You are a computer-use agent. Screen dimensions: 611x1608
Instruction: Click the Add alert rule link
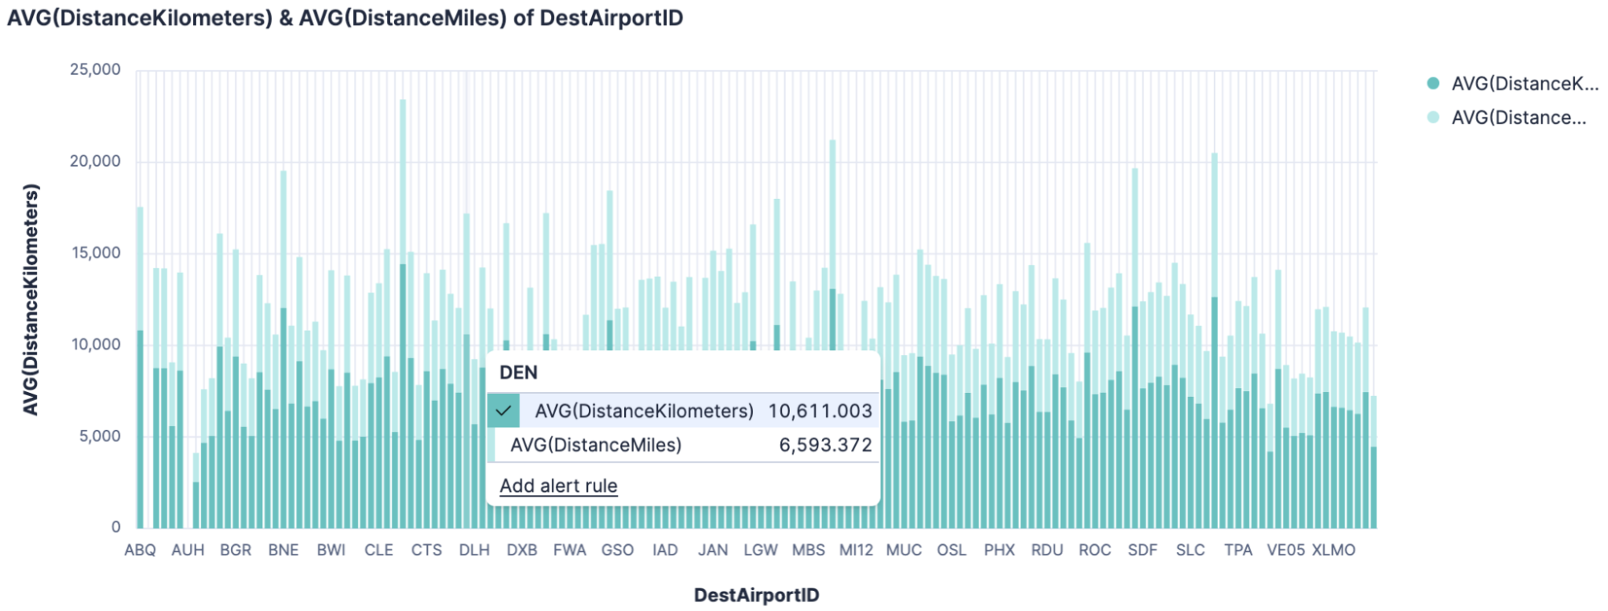point(558,485)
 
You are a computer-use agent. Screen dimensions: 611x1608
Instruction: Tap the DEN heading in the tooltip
point(518,373)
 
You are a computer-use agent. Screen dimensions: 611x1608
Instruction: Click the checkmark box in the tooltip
point(504,411)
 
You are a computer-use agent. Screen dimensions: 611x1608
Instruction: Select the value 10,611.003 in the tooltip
point(819,411)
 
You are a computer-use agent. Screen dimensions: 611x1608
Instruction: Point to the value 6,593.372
point(825,445)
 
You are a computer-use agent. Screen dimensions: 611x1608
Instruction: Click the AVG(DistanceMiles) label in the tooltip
point(595,445)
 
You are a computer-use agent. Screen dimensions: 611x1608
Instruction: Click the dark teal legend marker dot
point(1433,83)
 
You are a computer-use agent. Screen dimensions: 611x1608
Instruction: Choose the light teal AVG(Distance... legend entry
point(1518,118)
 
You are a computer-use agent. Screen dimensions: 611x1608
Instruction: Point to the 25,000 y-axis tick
point(95,69)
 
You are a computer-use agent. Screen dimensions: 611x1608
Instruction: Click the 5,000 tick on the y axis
point(100,436)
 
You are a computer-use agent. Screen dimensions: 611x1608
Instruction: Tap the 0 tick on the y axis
point(116,527)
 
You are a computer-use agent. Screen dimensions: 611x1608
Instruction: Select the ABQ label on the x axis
point(140,550)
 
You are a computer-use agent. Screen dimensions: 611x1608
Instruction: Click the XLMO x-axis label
point(1333,550)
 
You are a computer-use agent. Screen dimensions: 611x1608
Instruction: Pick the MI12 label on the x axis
point(856,550)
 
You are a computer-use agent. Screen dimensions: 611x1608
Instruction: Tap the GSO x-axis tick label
point(617,550)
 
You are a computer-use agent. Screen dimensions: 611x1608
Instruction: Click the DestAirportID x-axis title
point(756,595)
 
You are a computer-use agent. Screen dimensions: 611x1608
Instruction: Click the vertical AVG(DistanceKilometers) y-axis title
point(31,299)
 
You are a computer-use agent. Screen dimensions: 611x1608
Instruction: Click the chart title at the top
point(345,18)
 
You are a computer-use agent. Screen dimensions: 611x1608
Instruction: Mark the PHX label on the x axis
point(999,550)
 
